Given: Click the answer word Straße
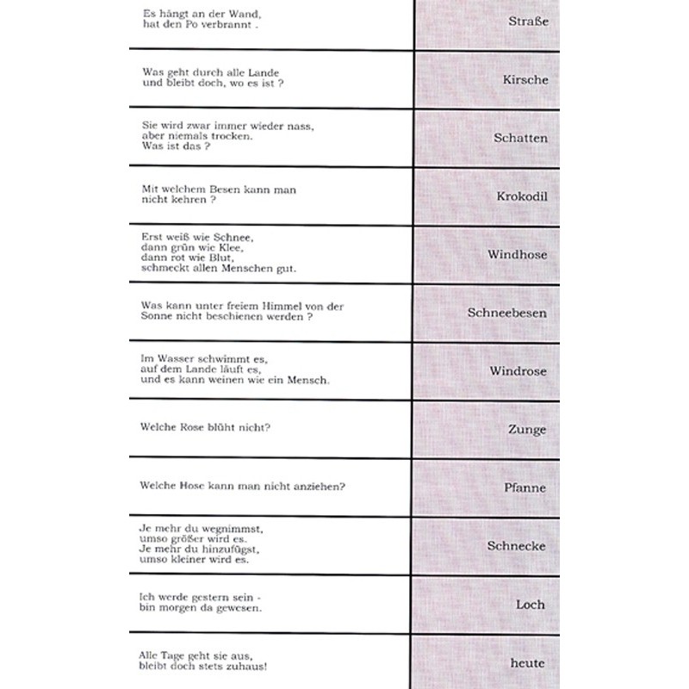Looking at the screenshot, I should click(529, 21).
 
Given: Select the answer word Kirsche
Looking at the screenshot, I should click(525, 79).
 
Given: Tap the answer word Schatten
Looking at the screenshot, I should click(520, 138).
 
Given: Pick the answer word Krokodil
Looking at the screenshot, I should click(522, 196).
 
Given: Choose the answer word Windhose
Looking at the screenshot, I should click(517, 255).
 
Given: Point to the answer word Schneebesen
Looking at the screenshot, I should click(507, 313).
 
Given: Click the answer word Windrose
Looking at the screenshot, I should click(518, 372).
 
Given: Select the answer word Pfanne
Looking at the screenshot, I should click(525, 488).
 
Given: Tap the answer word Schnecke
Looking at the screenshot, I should click(517, 546).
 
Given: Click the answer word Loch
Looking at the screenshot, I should click(531, 605).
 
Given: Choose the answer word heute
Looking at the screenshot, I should click(527, 663).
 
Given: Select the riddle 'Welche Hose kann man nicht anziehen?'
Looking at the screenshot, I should click(243, 486).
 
